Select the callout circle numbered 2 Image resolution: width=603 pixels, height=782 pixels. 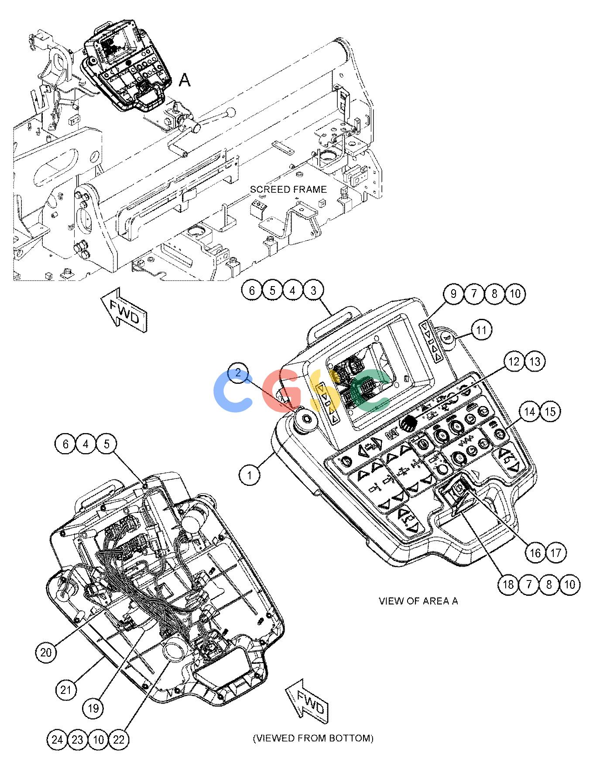click(238, 373)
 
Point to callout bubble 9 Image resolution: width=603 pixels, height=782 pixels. click(453, 294)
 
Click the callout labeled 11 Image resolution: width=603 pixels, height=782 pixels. click(481, 330)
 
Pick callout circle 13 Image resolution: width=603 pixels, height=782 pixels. click(535, 362)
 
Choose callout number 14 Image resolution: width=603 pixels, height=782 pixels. click(530, 412)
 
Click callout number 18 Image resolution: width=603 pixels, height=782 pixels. click(508, 584)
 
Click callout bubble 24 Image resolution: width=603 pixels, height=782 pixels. click(57, 740)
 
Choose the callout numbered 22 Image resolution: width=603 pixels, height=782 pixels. click(119, 740)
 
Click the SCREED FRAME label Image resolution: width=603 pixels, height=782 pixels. click(288, 189)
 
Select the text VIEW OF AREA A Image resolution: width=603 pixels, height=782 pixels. click(418, 601)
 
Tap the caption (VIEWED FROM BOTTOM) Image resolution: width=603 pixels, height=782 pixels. click(313, 738)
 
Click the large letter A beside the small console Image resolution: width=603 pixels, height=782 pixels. click(185, 81)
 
